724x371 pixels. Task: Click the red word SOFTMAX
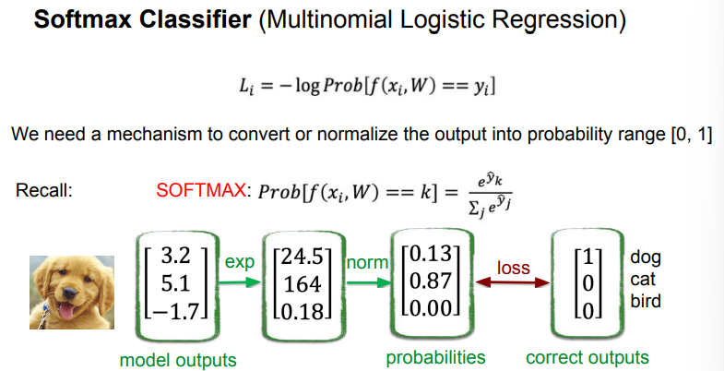(x=201, y=190)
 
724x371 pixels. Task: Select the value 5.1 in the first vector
(x=175, y=283)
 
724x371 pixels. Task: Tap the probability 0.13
(x=431, y=254)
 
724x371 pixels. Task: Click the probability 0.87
(x=431, y=280)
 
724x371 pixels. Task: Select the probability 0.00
(x=431, y=306)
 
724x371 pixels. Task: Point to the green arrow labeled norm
(x=369, y=282)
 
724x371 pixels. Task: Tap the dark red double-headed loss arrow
(x=513, y=282)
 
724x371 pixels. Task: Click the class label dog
(x=646, y=258)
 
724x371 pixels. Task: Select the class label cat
(x=643, y=280)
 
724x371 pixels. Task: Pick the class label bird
(x=646, y=301)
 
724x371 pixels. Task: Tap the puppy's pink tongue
(x=66, y=313)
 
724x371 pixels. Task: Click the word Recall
(x=44, y=190)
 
